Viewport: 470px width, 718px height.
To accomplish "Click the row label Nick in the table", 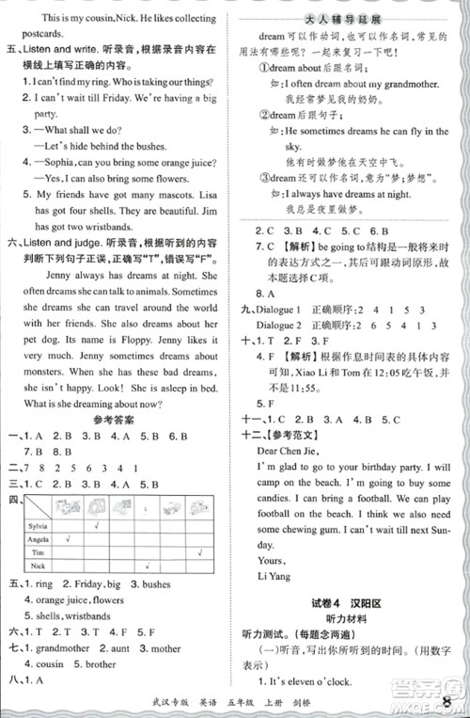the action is (37, 567).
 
